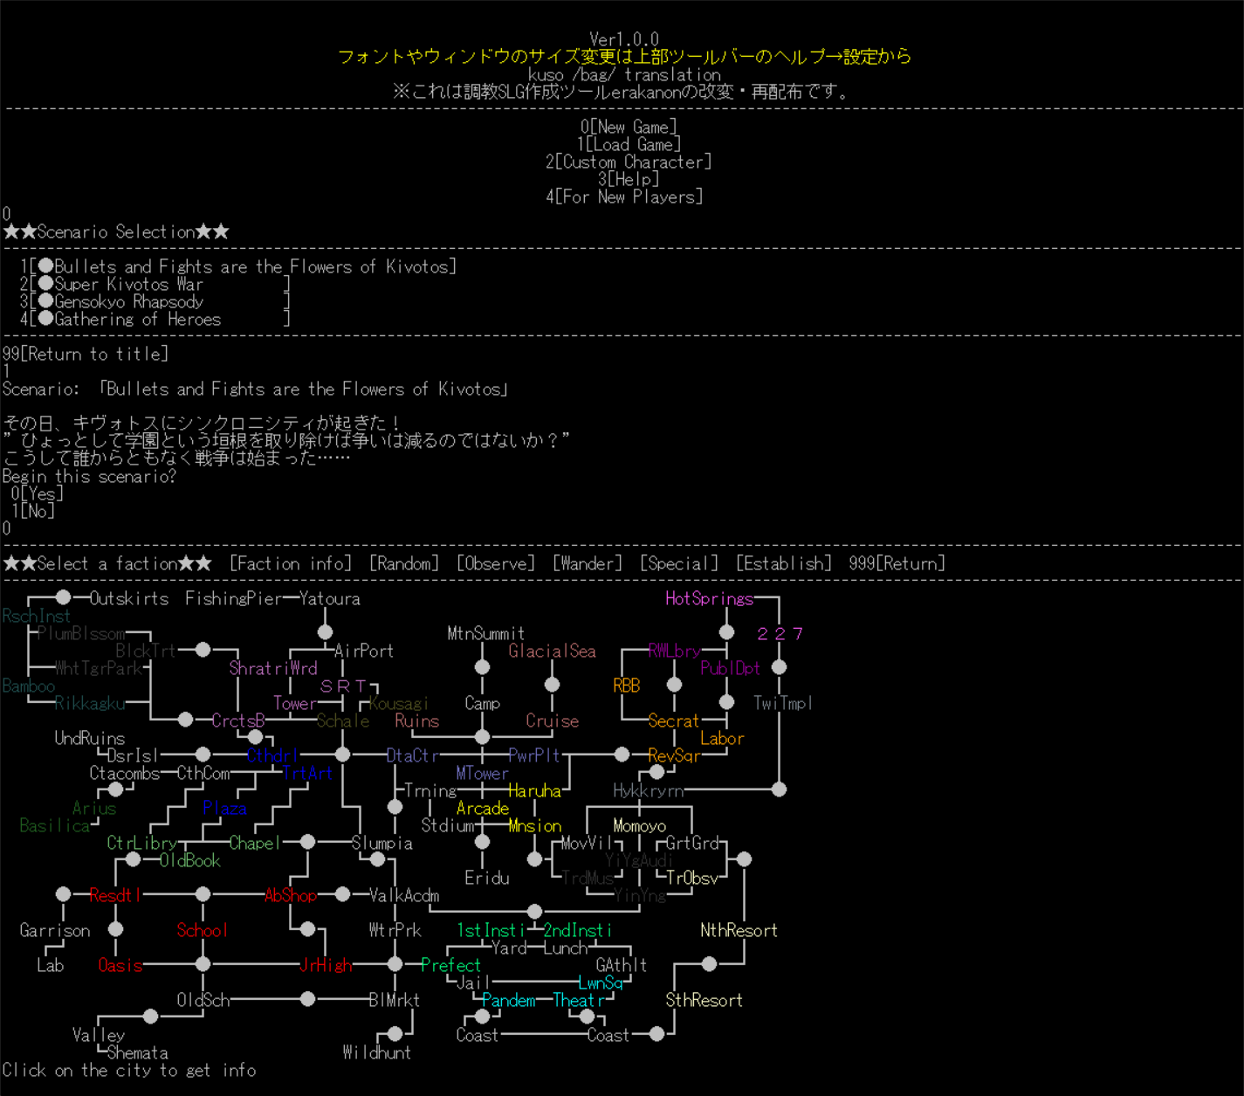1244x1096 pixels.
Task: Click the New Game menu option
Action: (629, 128)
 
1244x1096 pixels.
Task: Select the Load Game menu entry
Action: (629, 145)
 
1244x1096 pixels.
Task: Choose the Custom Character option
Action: (629, 162)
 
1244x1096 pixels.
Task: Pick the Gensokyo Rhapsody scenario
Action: (128, 302)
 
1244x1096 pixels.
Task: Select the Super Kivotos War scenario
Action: (128, 285)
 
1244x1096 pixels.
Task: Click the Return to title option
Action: (85, 355)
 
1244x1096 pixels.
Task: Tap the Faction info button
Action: (291, 564)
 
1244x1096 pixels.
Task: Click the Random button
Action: (404, 564)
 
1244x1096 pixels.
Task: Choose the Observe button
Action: (496, 564)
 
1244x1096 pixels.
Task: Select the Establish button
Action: (784, 564)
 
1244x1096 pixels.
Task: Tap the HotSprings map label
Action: (709, 599)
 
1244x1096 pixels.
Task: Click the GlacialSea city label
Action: (552, 651)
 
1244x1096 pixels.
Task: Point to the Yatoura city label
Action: (330, 599)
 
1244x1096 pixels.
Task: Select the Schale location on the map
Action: (343, 721)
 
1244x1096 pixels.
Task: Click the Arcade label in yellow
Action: (483, 809)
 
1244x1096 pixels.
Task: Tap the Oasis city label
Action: (120, 966)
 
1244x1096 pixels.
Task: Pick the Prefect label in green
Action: (450, 966)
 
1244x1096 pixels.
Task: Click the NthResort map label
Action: (739, 931)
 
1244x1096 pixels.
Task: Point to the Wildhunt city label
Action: (376, 1053)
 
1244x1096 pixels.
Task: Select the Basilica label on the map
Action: (54, 826)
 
